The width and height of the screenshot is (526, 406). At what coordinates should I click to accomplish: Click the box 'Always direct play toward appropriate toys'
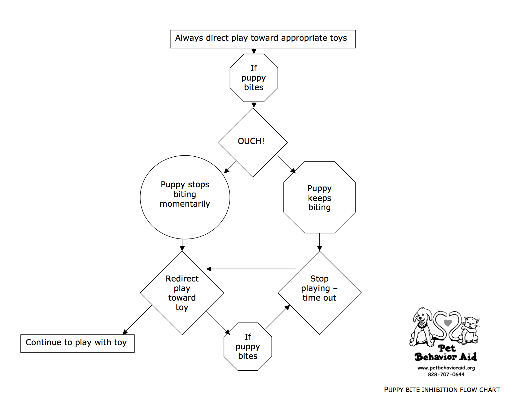click(x=263, y=39)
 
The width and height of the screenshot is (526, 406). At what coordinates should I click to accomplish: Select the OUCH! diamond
click(x=253, y=142)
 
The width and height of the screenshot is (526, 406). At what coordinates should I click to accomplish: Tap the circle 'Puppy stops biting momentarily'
click(x=185, y=197)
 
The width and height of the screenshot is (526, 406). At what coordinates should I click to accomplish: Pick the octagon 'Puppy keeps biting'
click(x=319, y=197)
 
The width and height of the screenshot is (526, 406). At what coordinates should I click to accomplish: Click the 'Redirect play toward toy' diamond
click(x=182, y=293)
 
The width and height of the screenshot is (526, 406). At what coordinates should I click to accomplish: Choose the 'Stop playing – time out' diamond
click(x=319, y=293)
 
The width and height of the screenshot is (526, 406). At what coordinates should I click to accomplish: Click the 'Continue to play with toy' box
click(x=77, y=343)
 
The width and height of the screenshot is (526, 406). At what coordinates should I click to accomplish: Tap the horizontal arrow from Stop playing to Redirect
click(x=251, y=269)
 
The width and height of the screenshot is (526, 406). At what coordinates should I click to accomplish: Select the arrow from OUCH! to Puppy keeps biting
click(x=287, y=164)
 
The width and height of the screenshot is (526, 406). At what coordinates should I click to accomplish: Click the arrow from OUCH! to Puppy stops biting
click(x=230, y=167)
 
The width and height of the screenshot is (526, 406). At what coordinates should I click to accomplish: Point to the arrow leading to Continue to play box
click(x=137, y=320)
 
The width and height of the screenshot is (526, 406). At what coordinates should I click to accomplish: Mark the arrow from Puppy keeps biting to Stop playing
click(x=319, y=242)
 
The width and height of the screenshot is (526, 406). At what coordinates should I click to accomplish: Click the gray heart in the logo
click(x=448, y=323)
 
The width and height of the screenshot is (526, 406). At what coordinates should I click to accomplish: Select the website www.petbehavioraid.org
click(x=446, y=368)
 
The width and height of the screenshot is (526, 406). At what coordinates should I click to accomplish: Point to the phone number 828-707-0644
click(x=446, y=374)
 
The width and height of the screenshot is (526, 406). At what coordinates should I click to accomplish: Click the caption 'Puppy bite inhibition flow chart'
click(x=442, y=389)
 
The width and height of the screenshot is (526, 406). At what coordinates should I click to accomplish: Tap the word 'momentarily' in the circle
click(x=185, y=204)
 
